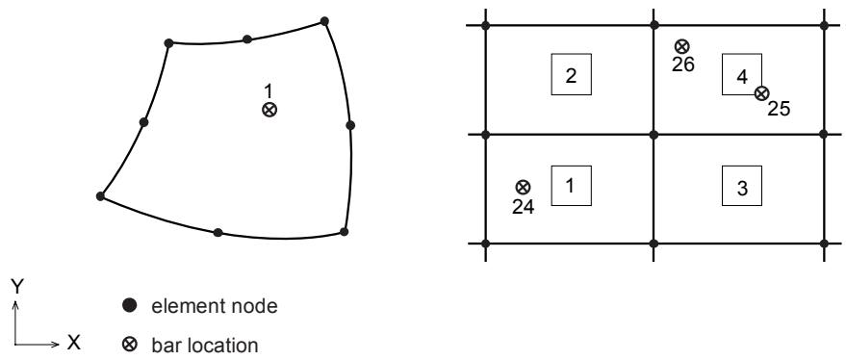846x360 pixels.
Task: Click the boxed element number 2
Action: tap(571, 74)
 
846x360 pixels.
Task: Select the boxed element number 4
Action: tap(742, 74)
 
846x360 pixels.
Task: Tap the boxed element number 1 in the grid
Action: tap(571, 186)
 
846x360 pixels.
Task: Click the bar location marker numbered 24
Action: tap(523, 188)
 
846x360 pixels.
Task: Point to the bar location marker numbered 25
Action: tap(761, 93)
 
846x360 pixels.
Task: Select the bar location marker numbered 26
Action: tap(682, 46)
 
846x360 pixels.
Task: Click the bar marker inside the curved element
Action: tap(269, 110)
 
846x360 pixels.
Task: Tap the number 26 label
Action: tap(683, 64)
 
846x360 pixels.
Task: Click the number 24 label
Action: tap(524, 206)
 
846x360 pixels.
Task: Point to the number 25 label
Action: tap(779, 109)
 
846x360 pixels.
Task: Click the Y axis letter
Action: tap(16, 288)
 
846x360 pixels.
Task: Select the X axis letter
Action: tap(73, 342)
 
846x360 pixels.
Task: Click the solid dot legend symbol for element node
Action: tap(130, 306)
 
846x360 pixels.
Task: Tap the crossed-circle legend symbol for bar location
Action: tap(130, 344)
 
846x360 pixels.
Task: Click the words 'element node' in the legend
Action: tap(215, 306)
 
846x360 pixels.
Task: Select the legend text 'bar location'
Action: tap(205, 345)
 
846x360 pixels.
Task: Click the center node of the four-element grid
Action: tap(654, 135)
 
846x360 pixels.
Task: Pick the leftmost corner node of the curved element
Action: tap(100, 196)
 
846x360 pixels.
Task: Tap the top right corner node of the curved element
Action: tap(324, 21)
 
